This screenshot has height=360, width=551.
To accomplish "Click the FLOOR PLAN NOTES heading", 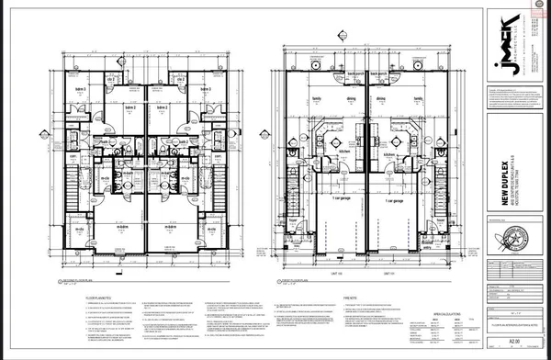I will coord(73,297).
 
